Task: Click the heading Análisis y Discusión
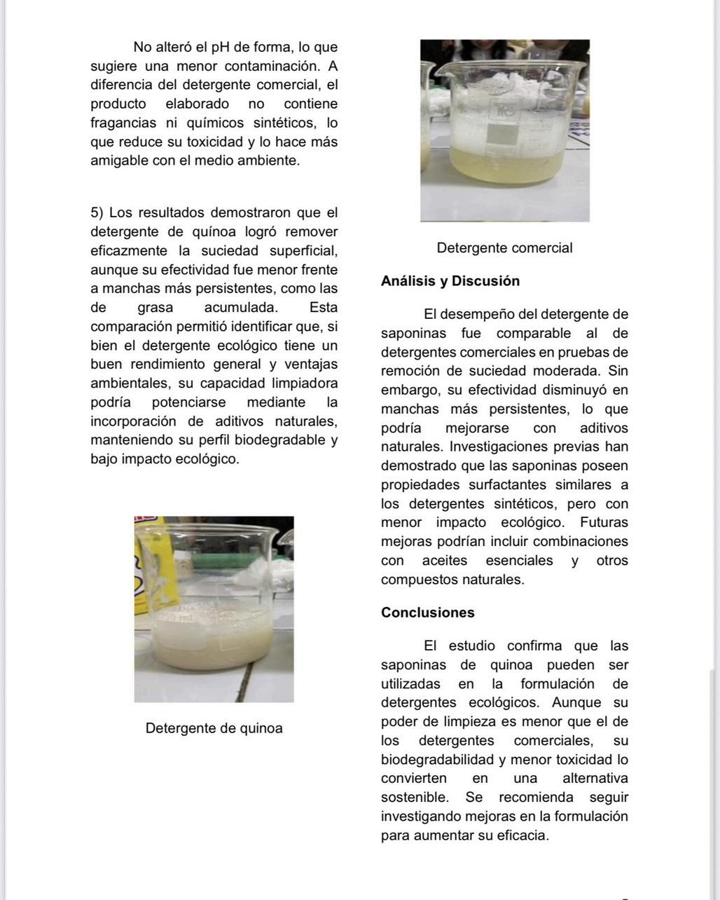[x=450, y=281]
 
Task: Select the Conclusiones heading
[x=427, y=613]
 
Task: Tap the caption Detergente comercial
[x=504, y=248]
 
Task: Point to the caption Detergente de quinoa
[x=214, y=728]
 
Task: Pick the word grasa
[x=155, y=308]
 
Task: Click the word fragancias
[x=123, y=123]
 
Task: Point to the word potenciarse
[x=188, y=402]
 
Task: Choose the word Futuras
[x=604, y=523]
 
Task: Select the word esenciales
[x=519, y=561]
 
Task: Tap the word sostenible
[x=414, y=798]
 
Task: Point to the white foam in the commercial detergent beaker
[x=504, y=88]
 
